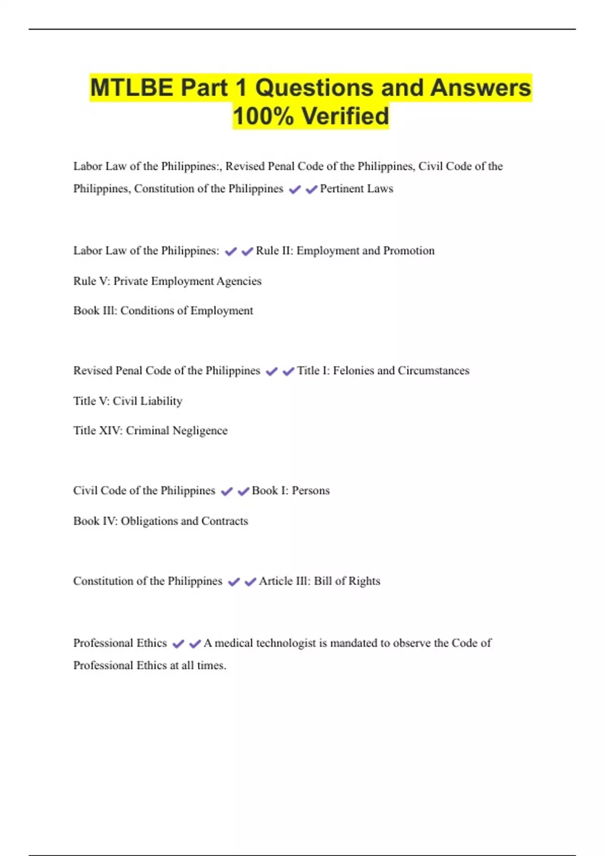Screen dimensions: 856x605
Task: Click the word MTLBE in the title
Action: (x=131, y=88)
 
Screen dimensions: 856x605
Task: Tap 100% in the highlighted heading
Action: (x=263, y=116)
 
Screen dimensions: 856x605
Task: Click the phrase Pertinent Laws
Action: (x=356, y=189)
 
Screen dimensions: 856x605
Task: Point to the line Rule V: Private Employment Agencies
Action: (x=167, y=281)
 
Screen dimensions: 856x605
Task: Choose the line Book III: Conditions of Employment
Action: (x=163, y=311)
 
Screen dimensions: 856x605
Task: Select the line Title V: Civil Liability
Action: (x=128, y=401)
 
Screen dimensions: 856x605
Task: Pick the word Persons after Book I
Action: (x=311, y=490)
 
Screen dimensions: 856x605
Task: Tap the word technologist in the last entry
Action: (x=285, y=643)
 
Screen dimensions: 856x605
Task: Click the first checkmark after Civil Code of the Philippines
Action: (x=227, y=491)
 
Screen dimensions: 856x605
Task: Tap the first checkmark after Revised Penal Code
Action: (x=272, y=372)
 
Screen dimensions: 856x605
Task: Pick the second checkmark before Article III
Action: (x=250, y=582)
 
